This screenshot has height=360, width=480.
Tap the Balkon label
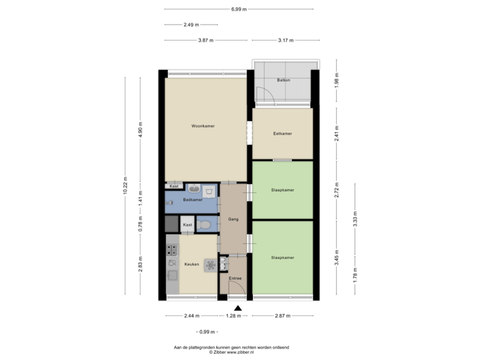coord(283,81)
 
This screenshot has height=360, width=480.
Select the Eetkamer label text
coord(283,134)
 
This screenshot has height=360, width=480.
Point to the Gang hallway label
coord(233,219)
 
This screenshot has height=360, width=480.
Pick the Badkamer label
coord(192,199)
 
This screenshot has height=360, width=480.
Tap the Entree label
coord(235,278)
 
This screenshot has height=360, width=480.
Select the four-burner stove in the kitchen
coord(173,250)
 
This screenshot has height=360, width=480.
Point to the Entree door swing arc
coord(235,289)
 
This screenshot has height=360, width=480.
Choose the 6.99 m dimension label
coord(239,9)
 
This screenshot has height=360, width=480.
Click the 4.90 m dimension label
coord(140,128)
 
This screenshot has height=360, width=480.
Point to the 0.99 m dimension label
coord(207,331)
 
